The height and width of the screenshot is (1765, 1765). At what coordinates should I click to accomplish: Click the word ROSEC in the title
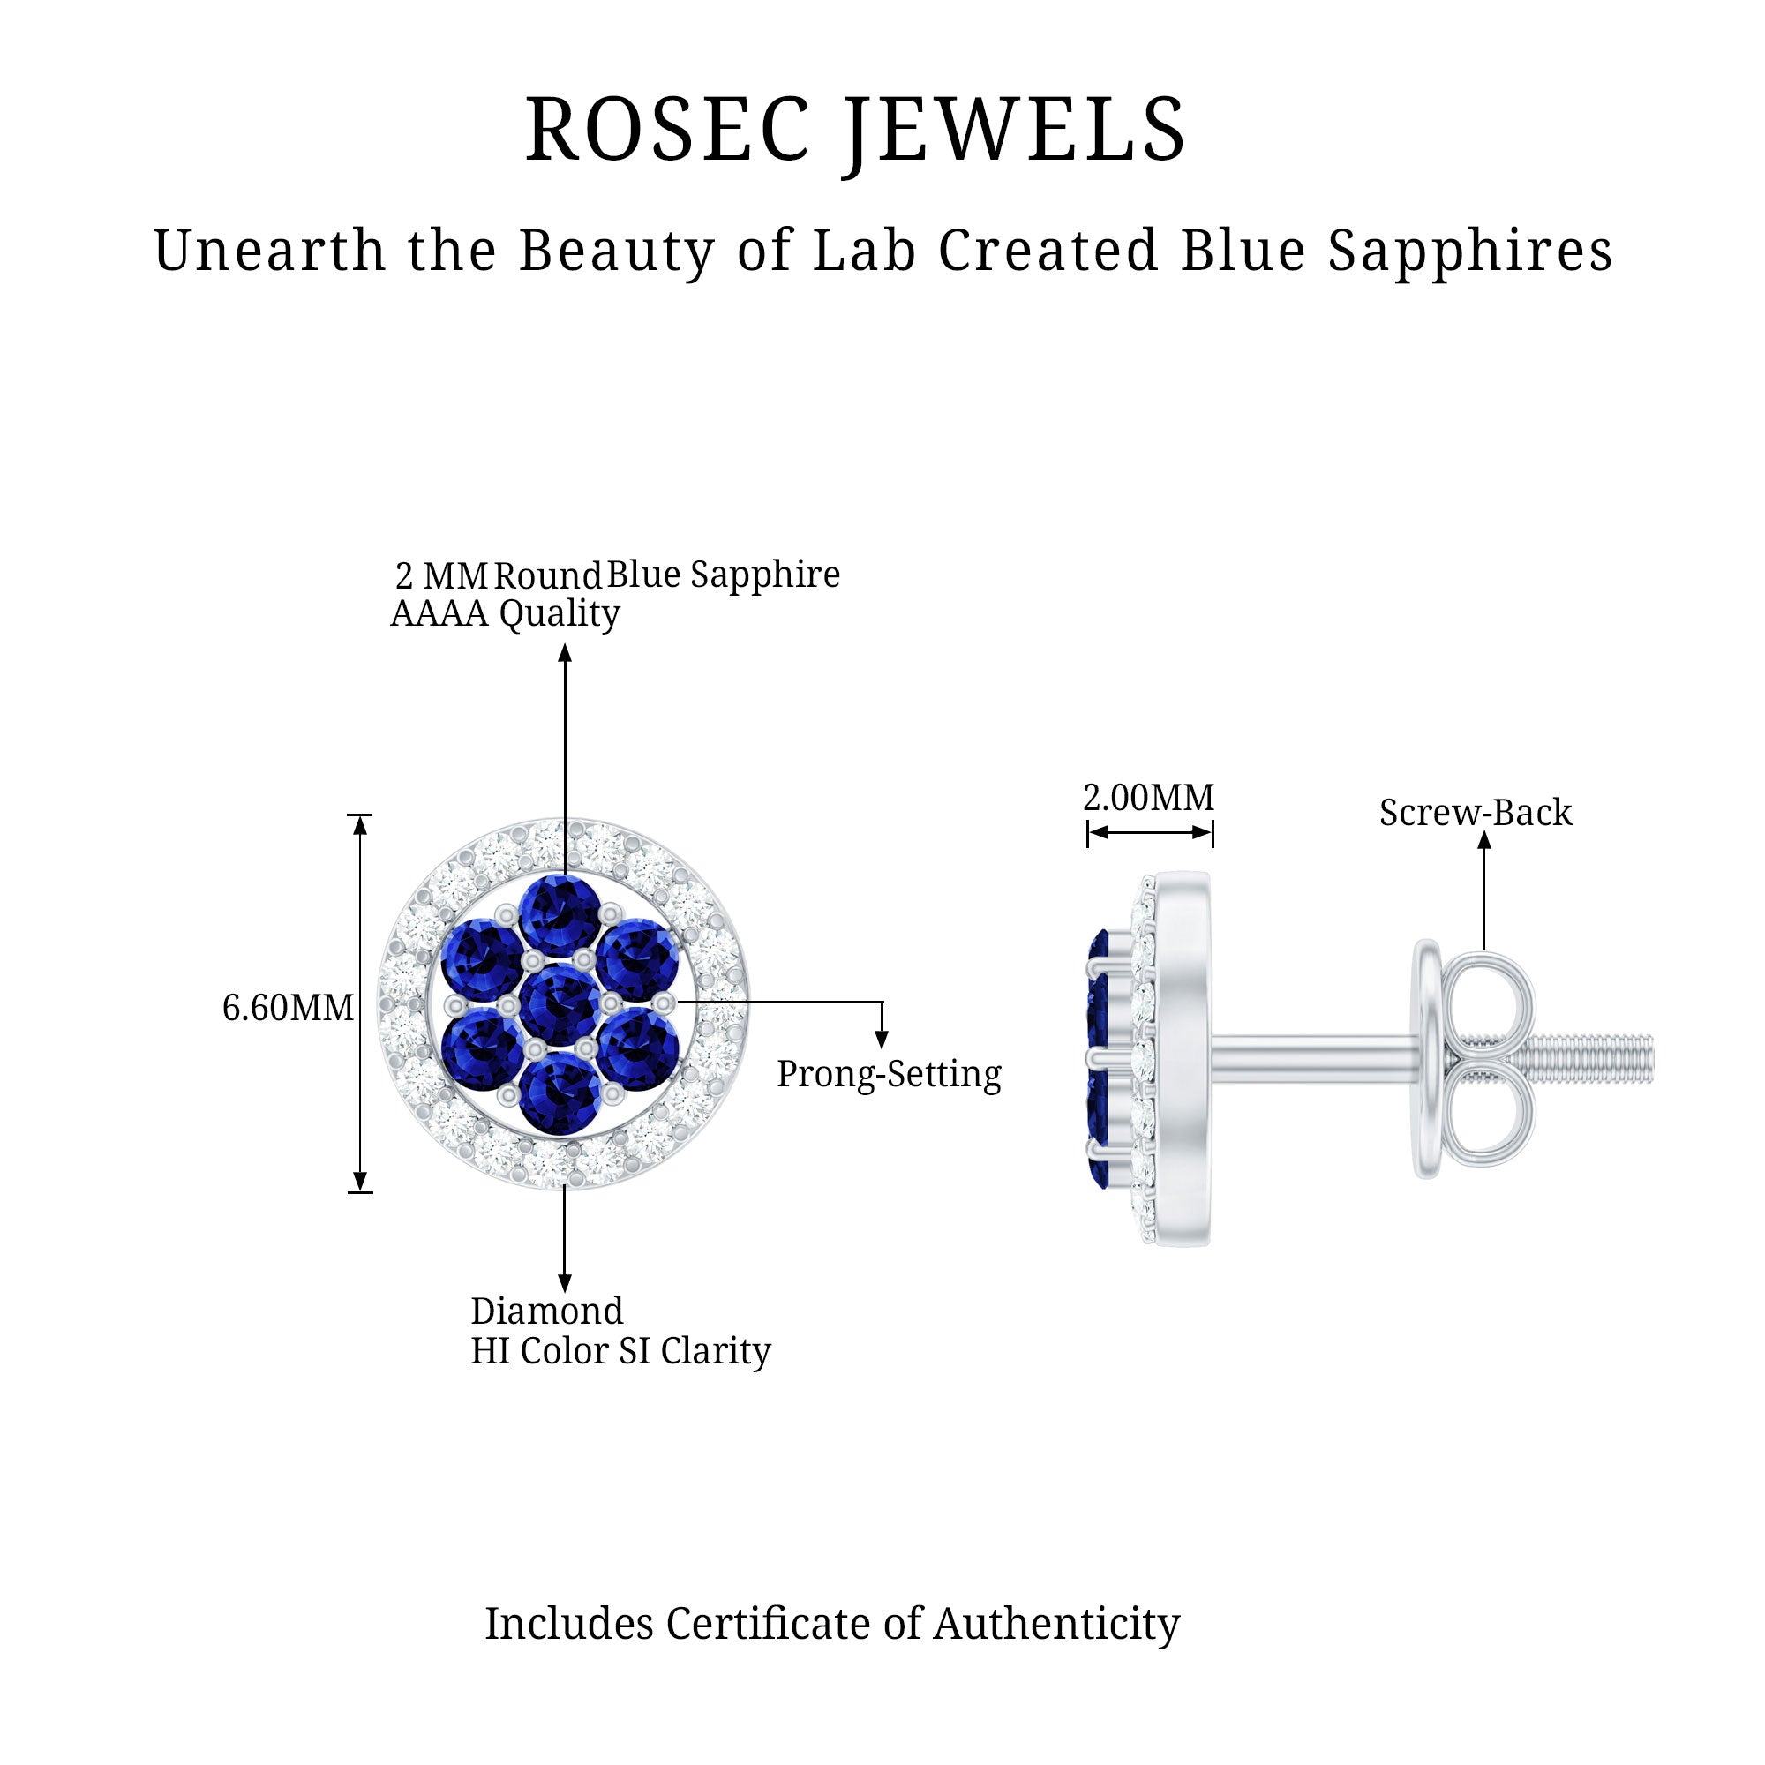(x=667, y=131)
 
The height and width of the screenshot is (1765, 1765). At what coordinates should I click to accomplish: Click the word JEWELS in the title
(x=1015, y=131)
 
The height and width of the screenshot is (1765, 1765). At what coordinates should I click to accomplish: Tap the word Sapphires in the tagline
(x=1470, y=252)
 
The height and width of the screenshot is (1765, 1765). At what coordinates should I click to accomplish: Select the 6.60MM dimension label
(x=288, y=1009)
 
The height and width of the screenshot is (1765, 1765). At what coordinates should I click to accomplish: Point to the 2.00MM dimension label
(x=1148, y=799)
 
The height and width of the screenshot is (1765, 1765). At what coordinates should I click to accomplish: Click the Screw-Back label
(x=1476, y=813)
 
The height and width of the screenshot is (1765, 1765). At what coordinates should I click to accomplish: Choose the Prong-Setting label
(x=889, y=1074)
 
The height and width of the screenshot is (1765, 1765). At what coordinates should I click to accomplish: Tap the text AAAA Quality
(x=505, y=614)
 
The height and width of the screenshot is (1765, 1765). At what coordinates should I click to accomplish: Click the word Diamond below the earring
(x=546, y=1312)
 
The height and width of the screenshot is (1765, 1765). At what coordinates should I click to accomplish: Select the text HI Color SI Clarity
(x=620, y=1351)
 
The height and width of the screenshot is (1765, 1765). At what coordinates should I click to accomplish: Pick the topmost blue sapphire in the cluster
(x=560, y=914)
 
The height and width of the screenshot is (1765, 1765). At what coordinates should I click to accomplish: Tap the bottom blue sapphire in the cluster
(x=560, y=1091)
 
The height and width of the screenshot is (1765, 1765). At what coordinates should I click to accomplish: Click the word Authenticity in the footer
(x=1056, y=1625)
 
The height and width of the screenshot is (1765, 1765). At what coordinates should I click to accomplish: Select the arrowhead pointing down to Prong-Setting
(x=882, y=1039)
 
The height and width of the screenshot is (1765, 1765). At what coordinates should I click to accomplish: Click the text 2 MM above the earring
(x=441, y=576)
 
